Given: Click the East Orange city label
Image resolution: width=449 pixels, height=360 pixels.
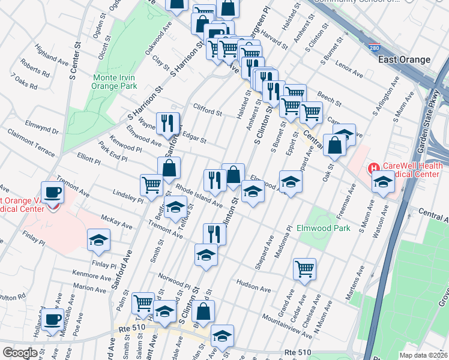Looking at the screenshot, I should [x=404, y=59].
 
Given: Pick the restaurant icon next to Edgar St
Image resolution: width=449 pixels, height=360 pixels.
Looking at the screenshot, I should [x=168, y=123].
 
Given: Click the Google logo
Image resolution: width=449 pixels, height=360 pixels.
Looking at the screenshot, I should [x=20, y=353].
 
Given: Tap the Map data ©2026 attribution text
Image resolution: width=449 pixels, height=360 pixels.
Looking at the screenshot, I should [x=423, y=355].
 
